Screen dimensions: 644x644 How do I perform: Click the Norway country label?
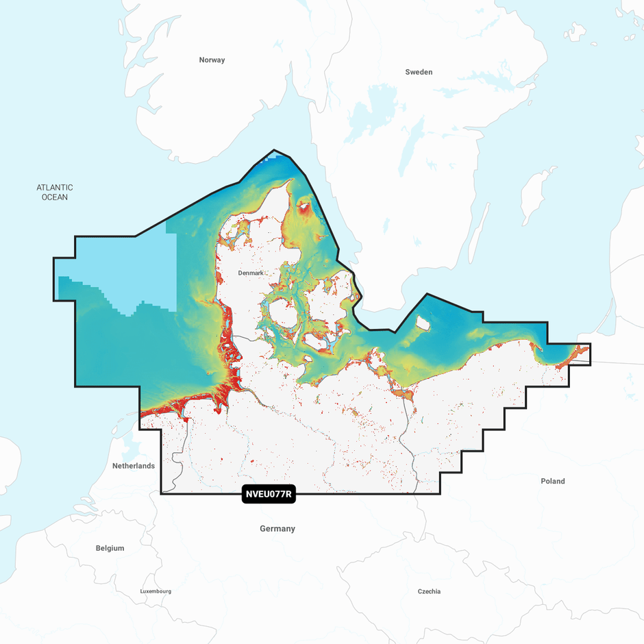[212, 60]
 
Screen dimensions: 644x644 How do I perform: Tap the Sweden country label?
[419, 72]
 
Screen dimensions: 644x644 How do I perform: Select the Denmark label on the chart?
[250, 273]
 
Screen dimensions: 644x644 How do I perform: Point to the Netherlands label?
[134, 466]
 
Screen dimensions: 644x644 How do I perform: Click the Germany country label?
[277, 529]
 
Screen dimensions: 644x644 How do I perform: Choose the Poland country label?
[553, 482]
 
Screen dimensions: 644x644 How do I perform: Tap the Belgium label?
[110, 548]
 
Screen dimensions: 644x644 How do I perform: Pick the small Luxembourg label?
[156, 591]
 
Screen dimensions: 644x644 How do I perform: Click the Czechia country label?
[430, 591]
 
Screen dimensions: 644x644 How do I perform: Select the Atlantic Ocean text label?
[55, 193]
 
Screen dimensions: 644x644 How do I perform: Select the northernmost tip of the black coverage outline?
[275, 150]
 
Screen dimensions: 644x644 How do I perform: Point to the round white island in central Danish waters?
[282, 314]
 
